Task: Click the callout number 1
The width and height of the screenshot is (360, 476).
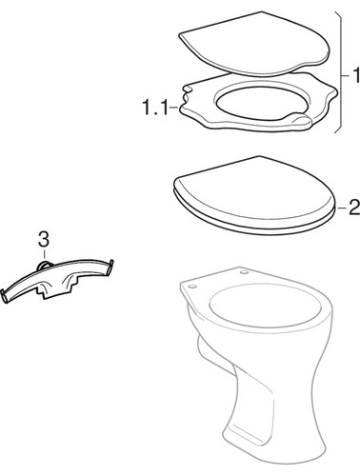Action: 356,75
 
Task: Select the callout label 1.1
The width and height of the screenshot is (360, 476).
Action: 154,107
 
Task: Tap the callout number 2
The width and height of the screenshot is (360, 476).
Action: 354,208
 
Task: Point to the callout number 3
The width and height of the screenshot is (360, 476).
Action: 44,239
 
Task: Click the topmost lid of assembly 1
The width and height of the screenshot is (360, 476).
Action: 254,45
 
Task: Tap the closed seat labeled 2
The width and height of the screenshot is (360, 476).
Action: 255,196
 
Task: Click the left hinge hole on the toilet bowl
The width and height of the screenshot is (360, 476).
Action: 192,287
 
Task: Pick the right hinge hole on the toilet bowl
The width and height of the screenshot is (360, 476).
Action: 244,272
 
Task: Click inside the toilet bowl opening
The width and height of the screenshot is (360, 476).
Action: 264,307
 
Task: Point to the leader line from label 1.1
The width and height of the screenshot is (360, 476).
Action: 173,108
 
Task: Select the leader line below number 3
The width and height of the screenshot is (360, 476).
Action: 44,254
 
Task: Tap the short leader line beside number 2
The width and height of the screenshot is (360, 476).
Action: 342,208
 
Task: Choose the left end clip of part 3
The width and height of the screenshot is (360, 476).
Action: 5,296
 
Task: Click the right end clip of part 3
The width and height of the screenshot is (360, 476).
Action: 110,267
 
